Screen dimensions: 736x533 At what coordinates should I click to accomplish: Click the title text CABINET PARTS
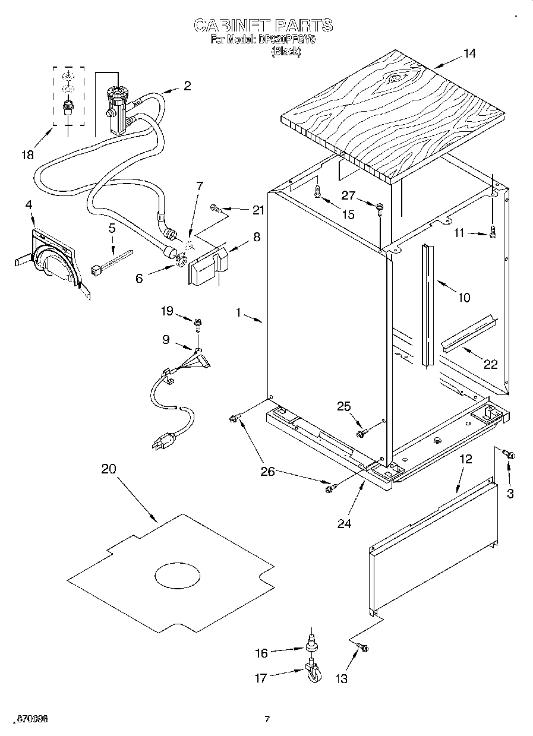click(x=263, y=25)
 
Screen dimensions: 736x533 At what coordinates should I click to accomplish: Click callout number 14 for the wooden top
click(x=469, y=53)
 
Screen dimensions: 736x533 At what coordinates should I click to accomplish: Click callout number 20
click(x=108, y=469)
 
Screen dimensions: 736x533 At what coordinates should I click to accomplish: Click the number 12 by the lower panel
click(x=465, y=459)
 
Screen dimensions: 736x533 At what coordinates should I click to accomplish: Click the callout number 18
click(x=27, y=155)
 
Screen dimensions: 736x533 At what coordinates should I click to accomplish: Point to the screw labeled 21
click(x=217, y=208)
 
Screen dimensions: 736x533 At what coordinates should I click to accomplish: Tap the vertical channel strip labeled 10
click(x=425, y=303)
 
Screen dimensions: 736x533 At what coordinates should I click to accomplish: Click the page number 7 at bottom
click(x=267, y=719)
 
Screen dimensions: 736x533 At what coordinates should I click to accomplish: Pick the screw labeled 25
click(x=361, y=434)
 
